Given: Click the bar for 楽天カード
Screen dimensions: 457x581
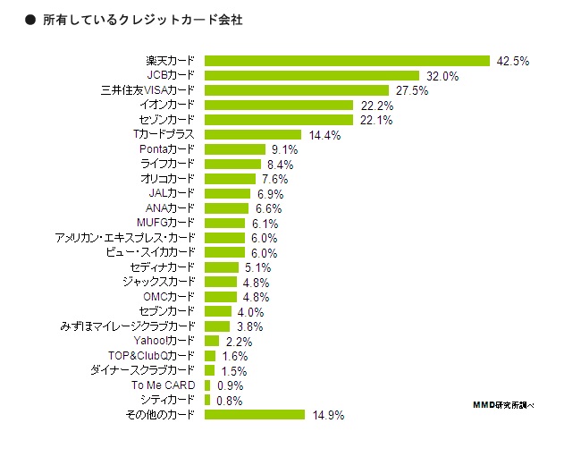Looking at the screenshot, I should [347, 61].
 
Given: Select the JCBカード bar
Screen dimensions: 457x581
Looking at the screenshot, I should [312, 76].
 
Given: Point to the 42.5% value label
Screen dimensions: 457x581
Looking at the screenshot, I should [513, 62].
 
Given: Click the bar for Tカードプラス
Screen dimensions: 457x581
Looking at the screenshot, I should [253, 135].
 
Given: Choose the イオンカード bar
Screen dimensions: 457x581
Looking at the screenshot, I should [279, 106].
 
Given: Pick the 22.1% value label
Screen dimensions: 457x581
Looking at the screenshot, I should [375, 121].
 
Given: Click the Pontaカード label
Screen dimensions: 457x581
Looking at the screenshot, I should [166, 149].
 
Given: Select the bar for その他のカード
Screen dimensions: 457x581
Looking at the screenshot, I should [255, 415].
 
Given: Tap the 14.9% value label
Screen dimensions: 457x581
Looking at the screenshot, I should [327, 415].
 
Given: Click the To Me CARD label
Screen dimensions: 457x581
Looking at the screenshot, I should [163, 385].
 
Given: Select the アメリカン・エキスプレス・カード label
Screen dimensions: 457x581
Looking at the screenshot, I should [124, 238].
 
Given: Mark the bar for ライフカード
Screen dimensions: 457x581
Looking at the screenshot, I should [232, 165].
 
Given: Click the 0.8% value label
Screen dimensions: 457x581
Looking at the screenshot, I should [229, 401].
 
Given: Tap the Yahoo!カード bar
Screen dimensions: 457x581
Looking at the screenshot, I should [212, 341].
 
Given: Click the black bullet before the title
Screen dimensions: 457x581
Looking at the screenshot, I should [29, 19].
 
